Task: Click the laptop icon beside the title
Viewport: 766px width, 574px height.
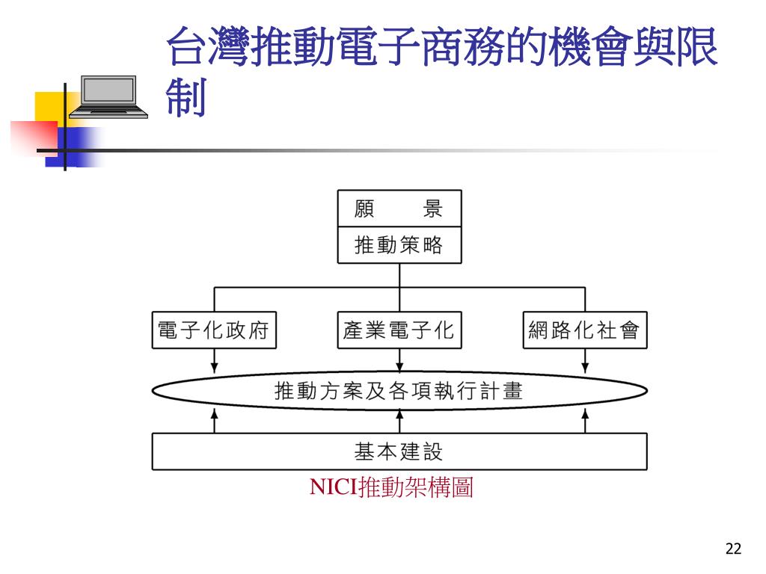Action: (108, 96)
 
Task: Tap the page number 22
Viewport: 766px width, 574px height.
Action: (733, 549)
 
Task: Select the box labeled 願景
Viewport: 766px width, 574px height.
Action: (399, 209)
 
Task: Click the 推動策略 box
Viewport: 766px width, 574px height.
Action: (399, 245)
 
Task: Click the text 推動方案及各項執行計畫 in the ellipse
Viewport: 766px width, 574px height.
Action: (399, 391)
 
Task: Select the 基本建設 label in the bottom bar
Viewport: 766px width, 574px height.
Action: (399, 451)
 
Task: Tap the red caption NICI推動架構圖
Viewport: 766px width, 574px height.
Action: (392, 489)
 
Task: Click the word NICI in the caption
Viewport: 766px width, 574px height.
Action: (334, 489)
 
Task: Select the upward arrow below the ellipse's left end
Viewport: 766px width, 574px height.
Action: (214, 420)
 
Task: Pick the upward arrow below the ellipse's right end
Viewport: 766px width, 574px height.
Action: (584, 420)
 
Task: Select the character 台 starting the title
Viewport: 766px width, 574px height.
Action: (186, 46)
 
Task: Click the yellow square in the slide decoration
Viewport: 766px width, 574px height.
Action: (49, 105)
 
